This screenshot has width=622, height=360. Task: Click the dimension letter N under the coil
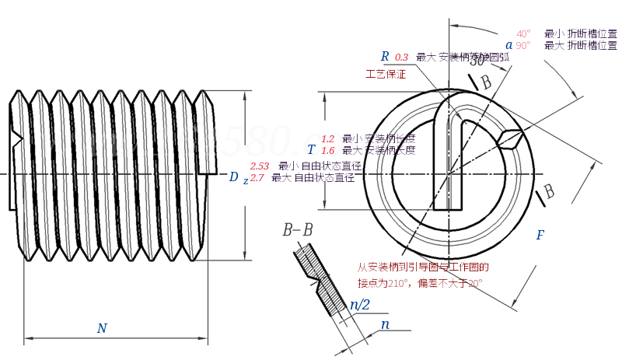click(102, 328)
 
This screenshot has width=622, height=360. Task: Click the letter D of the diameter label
click(233, 177)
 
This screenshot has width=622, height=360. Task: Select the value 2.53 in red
click(260, 166)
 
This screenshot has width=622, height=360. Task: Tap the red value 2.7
click(257, 178)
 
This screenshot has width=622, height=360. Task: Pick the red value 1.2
click(327, 138)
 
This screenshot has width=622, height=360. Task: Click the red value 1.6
click(327, 150)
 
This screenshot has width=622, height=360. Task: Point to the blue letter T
click(311, 149)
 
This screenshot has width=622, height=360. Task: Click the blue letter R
click(384, 56)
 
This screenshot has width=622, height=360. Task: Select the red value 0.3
click(402, 58)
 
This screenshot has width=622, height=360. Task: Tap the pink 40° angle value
click(523, 33)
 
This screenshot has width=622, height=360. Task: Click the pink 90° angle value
click(523, 46)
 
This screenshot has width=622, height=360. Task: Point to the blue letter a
click(509, 45)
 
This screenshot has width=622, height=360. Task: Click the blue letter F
click(540, 235)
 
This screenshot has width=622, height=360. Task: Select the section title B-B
click(298, 229)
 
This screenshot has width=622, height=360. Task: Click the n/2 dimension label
click(360, 305)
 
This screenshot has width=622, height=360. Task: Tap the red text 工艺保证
click(386, 75)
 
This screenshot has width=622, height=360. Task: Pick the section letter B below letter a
click(486, 82)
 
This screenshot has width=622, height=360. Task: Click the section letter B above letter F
click(548, 190)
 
